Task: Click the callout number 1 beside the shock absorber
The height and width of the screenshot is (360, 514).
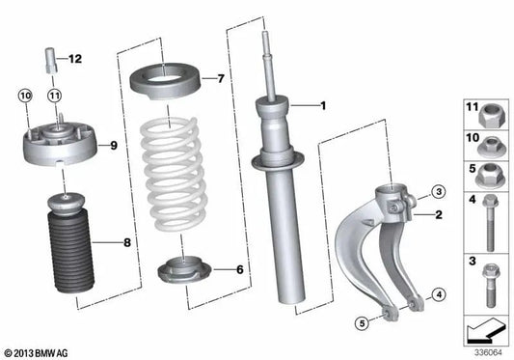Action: coord(324,105)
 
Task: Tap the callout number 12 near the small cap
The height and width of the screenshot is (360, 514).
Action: coord(75,59)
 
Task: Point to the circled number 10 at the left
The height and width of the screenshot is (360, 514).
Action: coord(25,95)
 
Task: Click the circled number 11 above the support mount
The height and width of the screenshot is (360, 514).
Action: coord(55,95)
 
